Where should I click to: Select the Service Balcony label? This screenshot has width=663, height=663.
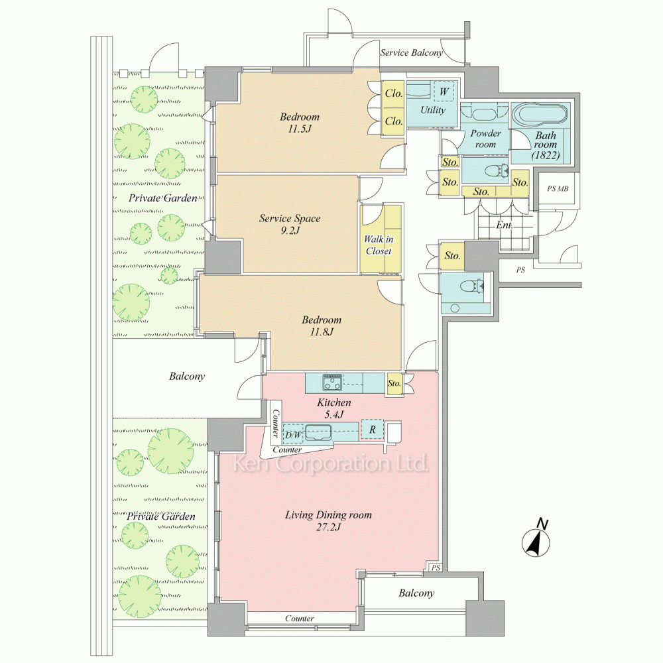coord(411,53)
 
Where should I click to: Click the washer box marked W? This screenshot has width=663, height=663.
coord(444,91)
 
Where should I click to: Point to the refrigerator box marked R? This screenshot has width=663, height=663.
coord(372,430)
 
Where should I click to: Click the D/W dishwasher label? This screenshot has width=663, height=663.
coord(292,435)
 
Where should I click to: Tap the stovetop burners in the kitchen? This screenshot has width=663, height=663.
coord(332,382)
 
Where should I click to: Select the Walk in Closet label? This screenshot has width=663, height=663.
coord(379,245)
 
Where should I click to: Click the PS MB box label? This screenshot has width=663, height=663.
coord(558,188)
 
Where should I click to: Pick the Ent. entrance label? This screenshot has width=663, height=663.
coord(504,225)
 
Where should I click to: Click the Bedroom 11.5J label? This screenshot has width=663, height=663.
coord(300,123)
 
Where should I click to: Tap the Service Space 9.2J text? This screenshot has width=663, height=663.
coord(290,224)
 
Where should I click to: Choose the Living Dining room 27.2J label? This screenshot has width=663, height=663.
coord(328,520)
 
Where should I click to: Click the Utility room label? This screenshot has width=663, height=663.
coord(432,110)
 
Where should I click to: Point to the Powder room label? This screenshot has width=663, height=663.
coord(485,139)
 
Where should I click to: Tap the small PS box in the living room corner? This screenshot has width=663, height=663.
coord(436,568)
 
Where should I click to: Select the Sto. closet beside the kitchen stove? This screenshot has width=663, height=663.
coord(394,383)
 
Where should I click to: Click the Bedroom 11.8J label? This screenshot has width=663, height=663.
coord(322,326)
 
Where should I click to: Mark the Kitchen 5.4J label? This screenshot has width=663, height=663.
coord(334,408)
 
